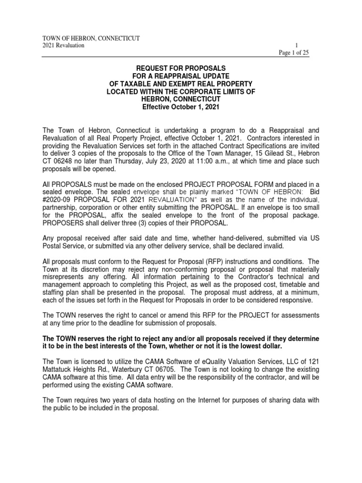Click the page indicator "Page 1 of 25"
coord(293,52)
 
